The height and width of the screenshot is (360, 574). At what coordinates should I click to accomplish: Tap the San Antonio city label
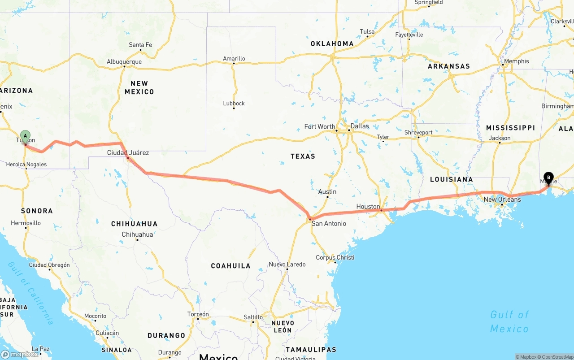[329, 223]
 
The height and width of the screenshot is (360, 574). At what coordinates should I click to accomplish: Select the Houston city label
[368, 206]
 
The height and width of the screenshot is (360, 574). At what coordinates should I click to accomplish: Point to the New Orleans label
[502, 199]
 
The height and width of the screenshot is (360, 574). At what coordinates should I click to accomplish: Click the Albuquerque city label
[124, 62]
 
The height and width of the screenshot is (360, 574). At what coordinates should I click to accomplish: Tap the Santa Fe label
[140, 45]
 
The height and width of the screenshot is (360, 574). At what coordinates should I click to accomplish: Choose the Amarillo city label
[234, 58]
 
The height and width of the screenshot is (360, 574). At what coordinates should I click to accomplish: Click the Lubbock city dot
[234, 108]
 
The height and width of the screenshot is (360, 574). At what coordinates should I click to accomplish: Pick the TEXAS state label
[303, 156]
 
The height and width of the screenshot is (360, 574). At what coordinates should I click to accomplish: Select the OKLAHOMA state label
[332, 43]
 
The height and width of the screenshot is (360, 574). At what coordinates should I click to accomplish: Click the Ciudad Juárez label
[128, 152]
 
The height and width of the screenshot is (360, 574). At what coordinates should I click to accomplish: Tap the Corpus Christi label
[335, 257]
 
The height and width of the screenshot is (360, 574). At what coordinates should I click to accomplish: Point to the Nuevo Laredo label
[287, 264]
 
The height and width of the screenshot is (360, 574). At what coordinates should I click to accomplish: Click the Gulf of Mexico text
[509, 321]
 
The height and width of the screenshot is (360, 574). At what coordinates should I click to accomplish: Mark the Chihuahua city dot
[137, 239]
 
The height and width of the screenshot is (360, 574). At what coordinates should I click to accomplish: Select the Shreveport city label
[418, 132]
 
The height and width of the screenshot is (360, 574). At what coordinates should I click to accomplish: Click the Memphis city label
[516, 61]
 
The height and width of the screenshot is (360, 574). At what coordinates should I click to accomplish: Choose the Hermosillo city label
[26, 223]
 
